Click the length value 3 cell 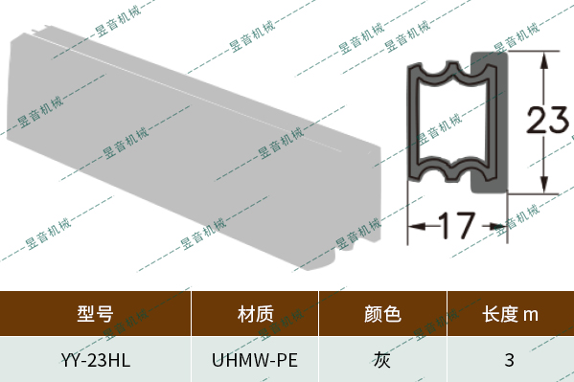[510, 360]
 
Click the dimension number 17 [456, 227]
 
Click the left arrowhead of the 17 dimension [414, 227]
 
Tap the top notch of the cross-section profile [448, 71]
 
